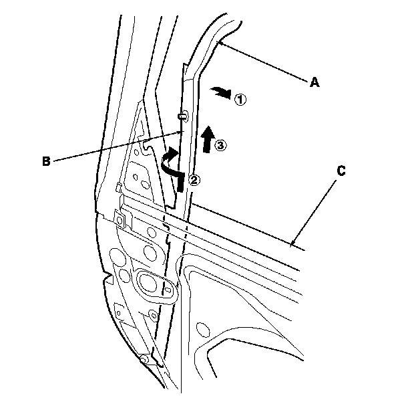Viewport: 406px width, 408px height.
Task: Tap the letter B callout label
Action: click(46, 161)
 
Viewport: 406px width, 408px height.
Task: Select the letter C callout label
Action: click(341, 171)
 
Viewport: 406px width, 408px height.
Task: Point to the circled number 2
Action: click(194, 179)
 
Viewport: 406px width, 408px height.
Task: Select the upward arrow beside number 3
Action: click(208, 138)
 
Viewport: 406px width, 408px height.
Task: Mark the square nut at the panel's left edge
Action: click(121, 219)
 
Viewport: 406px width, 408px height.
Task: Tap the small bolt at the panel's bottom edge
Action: click(142, 361)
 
